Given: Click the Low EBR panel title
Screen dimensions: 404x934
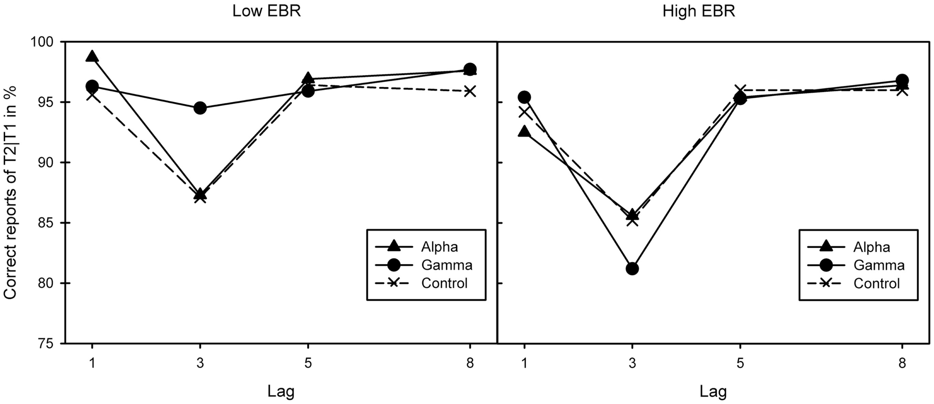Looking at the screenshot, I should click(266, 11).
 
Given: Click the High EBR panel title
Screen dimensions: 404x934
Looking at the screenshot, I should click(699, 11).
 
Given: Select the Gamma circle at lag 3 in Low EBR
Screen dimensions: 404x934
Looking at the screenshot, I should click(200, 108).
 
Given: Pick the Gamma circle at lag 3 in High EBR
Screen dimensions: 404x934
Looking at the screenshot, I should click(632, 269).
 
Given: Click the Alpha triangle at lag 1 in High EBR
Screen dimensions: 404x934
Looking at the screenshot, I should click(524, 132).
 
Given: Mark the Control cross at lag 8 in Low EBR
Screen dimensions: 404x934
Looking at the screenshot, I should click(470, 91).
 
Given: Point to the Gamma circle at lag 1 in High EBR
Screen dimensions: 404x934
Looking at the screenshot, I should click(524, 97).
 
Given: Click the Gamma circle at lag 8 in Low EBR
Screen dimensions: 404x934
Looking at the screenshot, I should click(470, 69).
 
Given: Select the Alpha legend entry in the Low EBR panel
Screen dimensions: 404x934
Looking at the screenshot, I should click(439, 247).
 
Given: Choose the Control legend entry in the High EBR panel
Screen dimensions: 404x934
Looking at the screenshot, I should click(876, 284).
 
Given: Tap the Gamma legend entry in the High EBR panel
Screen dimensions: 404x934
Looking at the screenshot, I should click(879, 265).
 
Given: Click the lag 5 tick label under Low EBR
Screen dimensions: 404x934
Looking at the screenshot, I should click(307, 363).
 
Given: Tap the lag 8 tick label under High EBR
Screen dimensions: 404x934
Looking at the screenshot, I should click(902, 363).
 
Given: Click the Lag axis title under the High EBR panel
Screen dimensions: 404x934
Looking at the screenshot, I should click(713, 391).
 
